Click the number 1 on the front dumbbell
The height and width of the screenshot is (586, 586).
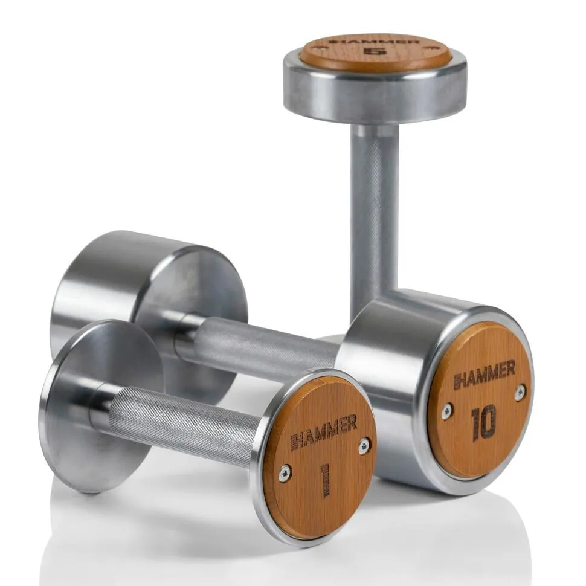pyautogui.click(x=325, y=480)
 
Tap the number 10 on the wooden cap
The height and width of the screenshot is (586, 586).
pyautogui.click(x=484, y=422)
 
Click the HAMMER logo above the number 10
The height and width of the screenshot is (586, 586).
pyautogui.click(x=485, y=375)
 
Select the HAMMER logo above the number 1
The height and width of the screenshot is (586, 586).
pyautogui.click(x=324, y=432)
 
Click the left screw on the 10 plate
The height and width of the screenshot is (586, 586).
pyautogui.click(x=446, y=411)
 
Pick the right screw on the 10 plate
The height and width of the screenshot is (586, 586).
pyautogui.click(x=520, y=393)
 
